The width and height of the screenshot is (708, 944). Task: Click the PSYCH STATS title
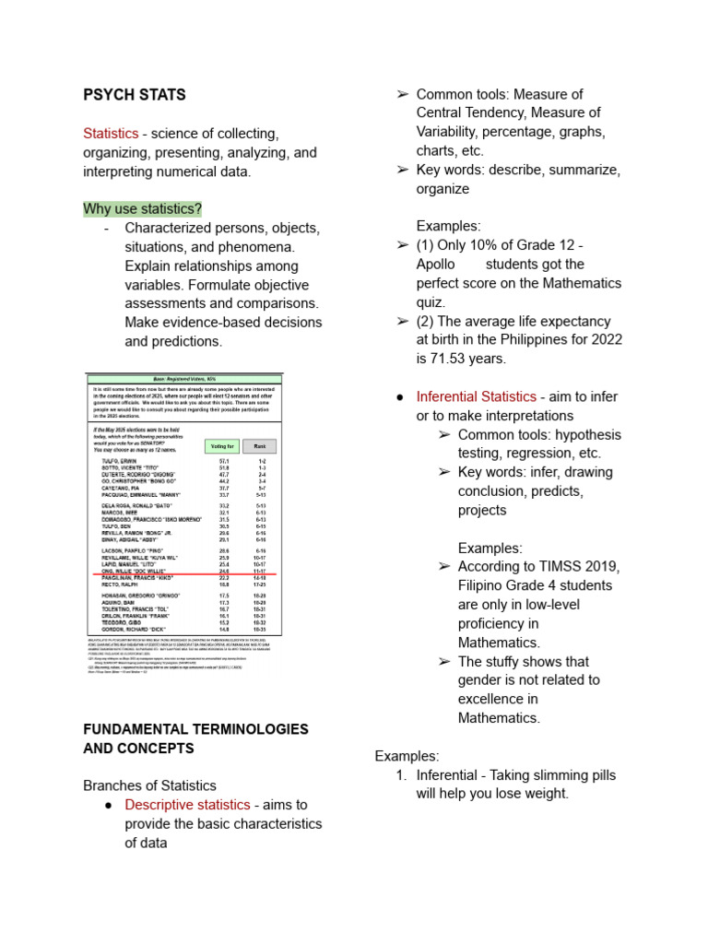tap(134, 94)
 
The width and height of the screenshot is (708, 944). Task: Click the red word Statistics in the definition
tap(111, 134)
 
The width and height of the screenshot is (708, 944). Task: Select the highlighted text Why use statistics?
tap(142, 208)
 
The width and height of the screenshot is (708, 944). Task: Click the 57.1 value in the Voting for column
tap(223, 459)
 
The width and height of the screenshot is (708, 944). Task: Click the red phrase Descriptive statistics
tap(187, 804)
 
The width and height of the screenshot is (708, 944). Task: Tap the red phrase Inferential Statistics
tap(476, 396)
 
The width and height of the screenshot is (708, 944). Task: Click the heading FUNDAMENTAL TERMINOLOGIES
tap(195, 728)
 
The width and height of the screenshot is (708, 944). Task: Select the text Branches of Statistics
tap(149, 785)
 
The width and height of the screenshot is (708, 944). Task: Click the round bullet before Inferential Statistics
tap(401, 396)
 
